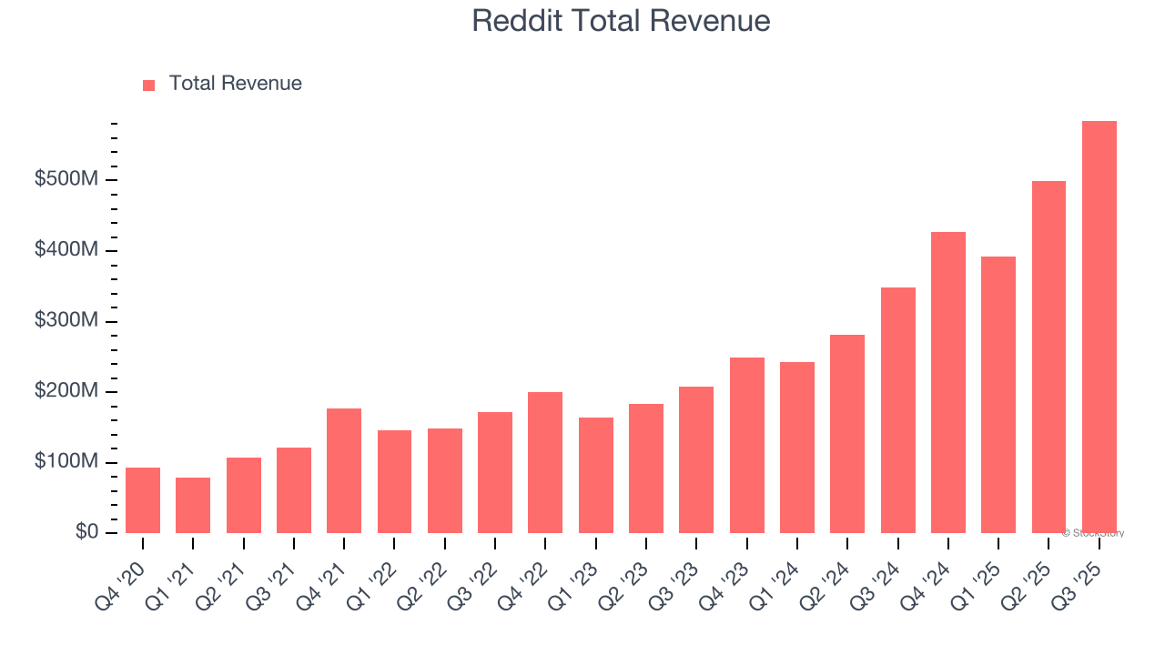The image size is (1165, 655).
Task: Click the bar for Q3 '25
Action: pyautogui.click(x=1099, y=327)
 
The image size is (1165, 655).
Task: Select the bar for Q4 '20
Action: pyautogui.click(x=143, y=500)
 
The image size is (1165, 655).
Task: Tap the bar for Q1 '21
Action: pyautogui.click(x=193, y=506)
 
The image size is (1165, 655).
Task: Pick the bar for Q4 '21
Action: pyautogui.click(x=344, y=471)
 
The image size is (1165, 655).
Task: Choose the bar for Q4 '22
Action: pyautogui.click(x=545, y=463)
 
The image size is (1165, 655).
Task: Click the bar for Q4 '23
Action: pyautogui.click(x=746, y=446)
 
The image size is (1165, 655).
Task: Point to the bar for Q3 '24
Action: pyautogui.click(x=897, y=410)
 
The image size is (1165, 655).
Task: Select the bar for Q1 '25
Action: pyautogui.click(x=998, y=395)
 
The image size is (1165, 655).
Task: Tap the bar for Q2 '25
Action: pyautogui.click(x=1048, y=358)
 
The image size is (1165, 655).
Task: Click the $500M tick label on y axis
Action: pyautogui.click(x=66, y=180)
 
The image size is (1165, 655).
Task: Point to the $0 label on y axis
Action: pyautogui.click(x=86, y=532)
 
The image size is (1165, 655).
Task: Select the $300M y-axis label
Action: pyautogui.click(x=66, y=321)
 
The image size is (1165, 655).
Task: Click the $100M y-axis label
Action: pyautogui.click(x=66, y=462)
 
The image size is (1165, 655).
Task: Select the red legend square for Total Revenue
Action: pyautogui.click(x=149, y=86)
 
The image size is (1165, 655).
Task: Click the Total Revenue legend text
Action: pyautogui.click(x=235, y=84)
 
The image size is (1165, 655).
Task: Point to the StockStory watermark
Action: pyautogui.click(x=1093, y=533)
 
